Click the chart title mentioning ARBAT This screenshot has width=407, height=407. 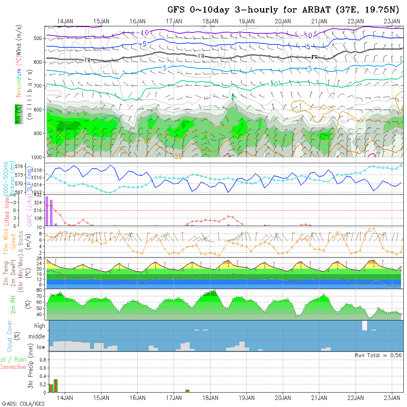(283, 10)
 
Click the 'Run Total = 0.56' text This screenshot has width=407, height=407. (378, 355)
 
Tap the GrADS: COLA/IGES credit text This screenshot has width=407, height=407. (23, 403)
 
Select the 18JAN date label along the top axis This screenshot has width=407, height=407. (210, 21)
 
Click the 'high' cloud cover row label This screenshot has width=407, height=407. (40, 326)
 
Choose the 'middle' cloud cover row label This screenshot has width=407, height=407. (37, 337)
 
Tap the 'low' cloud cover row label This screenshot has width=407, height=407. (41, 347)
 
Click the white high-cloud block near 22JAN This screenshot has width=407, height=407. (364, 326)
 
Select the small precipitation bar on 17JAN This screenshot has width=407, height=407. (187, 391)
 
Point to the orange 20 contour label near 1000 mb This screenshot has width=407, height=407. (178, 157)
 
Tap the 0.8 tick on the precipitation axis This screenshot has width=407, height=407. (42, 359)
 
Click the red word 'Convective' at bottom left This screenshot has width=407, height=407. (13, 367)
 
